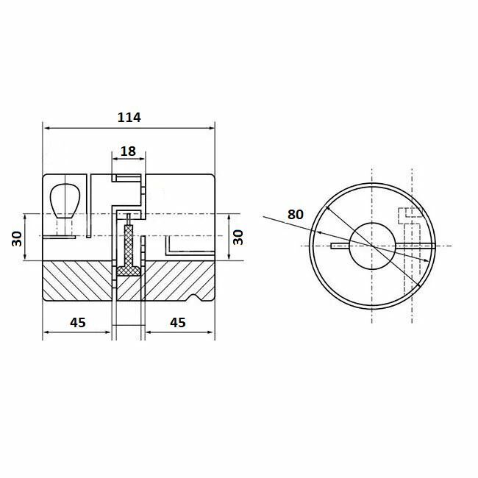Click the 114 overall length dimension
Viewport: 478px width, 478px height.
[129, 117]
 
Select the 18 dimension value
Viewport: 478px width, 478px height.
[128, 151]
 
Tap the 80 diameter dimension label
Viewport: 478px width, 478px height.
[296, 215]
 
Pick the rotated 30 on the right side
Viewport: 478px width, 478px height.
[238, 237]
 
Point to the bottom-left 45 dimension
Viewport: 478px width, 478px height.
[77, 322]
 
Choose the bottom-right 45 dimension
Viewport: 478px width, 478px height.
[177, 322]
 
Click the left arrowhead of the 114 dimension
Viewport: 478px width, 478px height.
[48, 126]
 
